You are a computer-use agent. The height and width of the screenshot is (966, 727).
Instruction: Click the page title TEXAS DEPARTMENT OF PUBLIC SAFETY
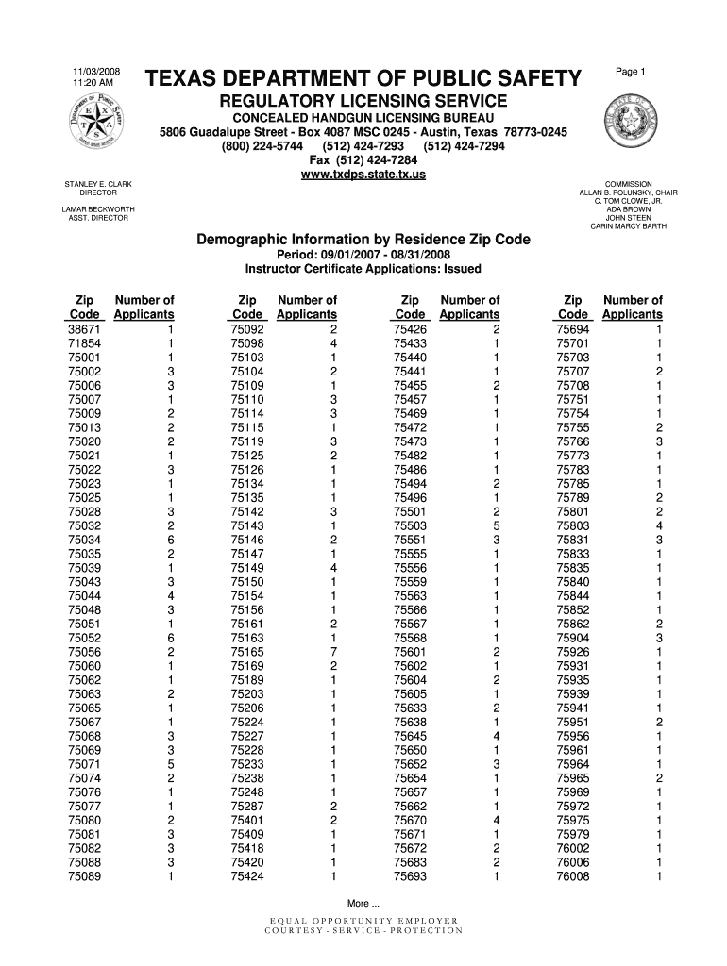[x=363, y=78]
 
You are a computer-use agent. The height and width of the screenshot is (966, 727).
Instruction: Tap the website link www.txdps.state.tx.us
[x=363, y=175]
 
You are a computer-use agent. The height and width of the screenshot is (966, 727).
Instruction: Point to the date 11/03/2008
[x=93, y=73]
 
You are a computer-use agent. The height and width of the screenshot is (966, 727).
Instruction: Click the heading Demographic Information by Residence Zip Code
[x=363, y=241]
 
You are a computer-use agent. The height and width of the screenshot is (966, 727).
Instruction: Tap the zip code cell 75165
[x=246, y=652]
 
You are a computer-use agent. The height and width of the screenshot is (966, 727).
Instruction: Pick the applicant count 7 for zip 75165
[x=333, y=652]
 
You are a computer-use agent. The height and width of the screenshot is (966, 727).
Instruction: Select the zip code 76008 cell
[x=573, y=876]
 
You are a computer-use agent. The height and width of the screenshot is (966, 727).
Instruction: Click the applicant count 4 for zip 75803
[x=659, y=525]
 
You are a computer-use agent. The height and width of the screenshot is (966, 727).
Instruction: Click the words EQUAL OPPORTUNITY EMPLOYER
[x=363, y=920]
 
